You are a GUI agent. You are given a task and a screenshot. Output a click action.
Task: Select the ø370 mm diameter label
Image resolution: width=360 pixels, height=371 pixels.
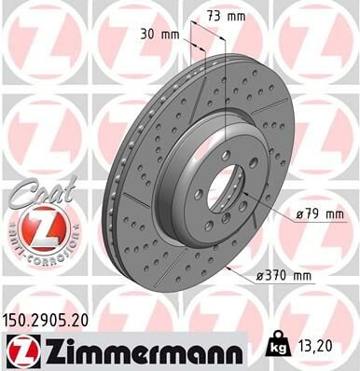point(284,277)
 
